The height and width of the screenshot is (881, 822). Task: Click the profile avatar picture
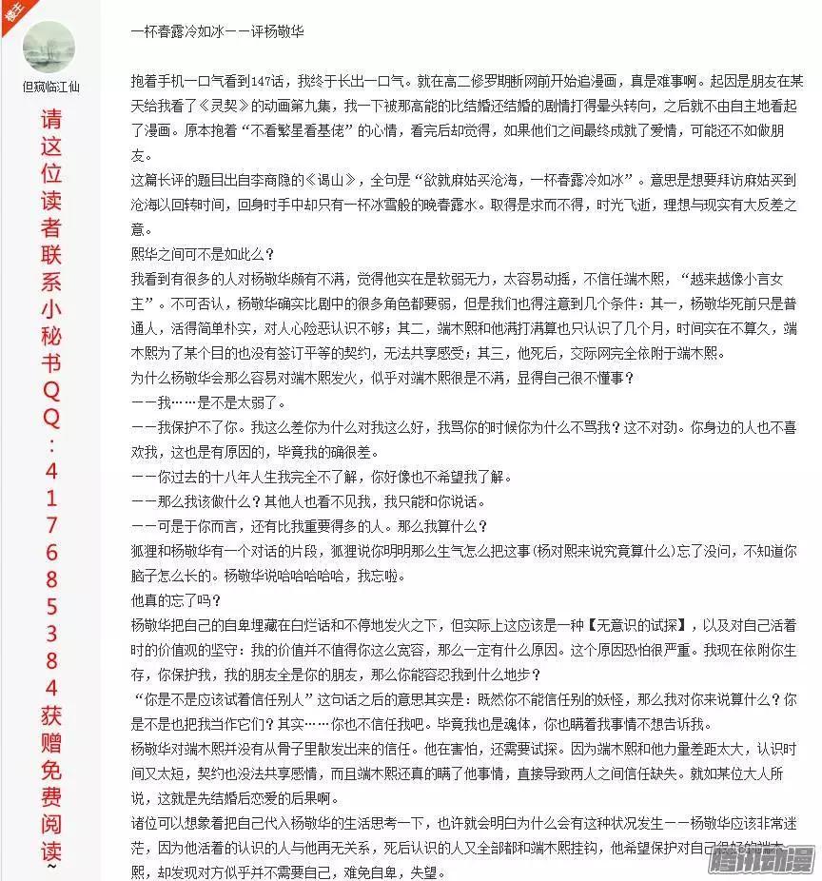click(49, 45)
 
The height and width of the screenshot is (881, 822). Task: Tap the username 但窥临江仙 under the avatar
click(50, 87)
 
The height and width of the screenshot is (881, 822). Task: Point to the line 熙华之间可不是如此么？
click(202, 253)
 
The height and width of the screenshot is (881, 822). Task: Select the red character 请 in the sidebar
click(50, 121)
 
